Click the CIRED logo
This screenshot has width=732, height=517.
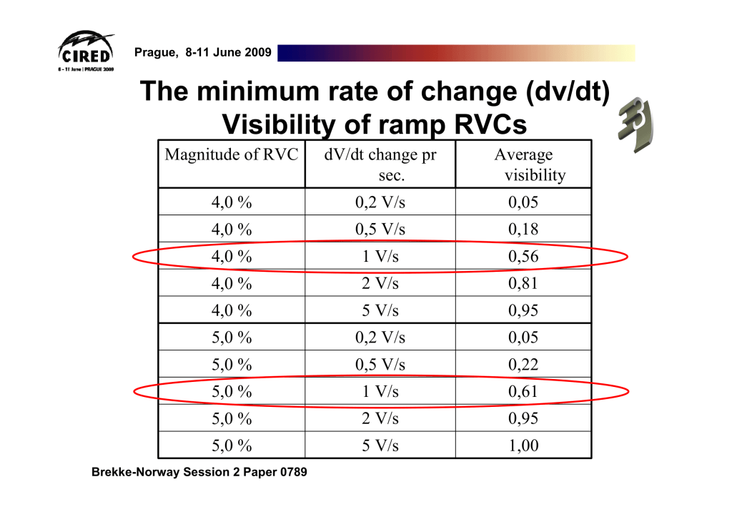(85, 50)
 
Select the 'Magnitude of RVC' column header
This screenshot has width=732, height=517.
(232, 154)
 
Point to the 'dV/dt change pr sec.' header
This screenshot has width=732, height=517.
(380, 164)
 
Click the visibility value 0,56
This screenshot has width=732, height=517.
(523, 257)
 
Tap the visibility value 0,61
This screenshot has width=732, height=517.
(523, 392)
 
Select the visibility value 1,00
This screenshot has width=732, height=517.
(523, 446)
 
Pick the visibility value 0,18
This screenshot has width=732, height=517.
(523, 230)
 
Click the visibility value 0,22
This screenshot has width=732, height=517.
(523, 365)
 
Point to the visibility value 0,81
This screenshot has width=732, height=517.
(523, 284)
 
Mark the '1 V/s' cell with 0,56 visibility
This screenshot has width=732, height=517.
(380, 257)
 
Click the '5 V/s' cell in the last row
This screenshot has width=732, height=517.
(380, 446)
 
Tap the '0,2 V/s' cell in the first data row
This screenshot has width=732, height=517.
(380, 202)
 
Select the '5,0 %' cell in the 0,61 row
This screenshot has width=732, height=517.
(232, 392)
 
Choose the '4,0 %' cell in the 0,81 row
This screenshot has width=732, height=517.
(232, 284)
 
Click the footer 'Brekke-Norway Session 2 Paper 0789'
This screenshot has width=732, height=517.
(199, 473)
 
